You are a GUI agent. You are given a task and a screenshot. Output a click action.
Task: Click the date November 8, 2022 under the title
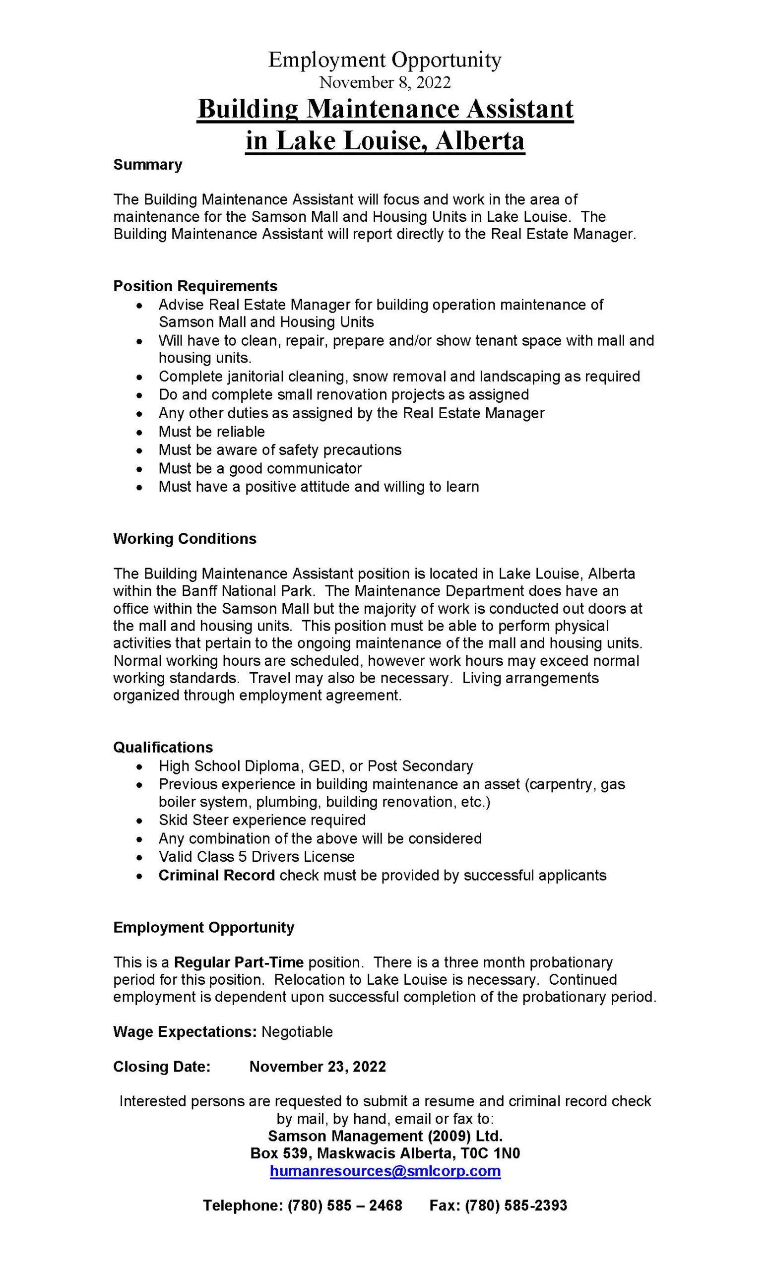tap(385, 82)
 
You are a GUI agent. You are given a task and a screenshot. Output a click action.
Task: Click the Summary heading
tap(147, 165)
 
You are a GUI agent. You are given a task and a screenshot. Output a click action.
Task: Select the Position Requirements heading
tap(195, 286)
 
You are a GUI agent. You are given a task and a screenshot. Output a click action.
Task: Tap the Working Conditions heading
tap(185, 539)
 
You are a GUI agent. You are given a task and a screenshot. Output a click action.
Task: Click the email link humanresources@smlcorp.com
tap(385, 1171)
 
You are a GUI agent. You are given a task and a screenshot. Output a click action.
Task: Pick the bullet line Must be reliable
tap(211, 432)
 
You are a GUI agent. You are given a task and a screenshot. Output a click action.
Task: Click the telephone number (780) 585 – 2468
tap(344, 1206)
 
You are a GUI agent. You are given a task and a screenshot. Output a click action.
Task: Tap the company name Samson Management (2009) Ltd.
tap(385, 1136)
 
